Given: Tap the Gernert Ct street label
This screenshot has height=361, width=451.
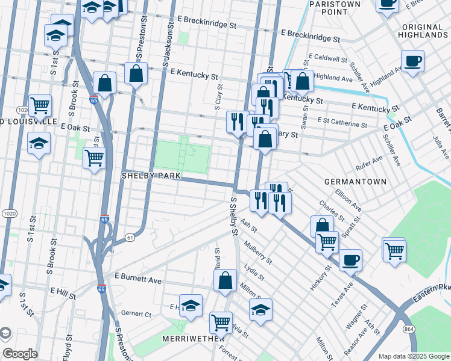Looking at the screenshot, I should (136, 313).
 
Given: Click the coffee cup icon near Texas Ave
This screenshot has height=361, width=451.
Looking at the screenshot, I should (350, 260).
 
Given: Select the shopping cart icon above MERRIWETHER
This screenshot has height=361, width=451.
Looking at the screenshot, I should (221, 322).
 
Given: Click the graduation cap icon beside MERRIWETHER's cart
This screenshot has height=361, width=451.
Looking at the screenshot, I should (191, 305).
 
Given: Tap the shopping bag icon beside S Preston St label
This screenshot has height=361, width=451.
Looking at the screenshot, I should (136, 73).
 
